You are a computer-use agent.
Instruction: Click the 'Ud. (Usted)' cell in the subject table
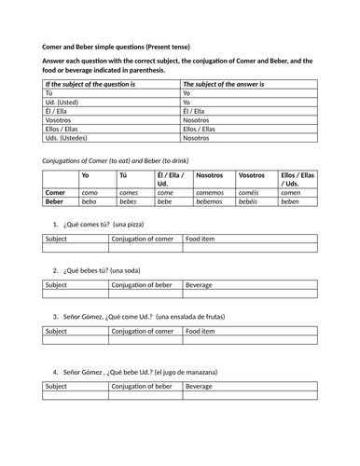coord(64,103)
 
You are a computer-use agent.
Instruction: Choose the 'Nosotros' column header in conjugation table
coord(211,175)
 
